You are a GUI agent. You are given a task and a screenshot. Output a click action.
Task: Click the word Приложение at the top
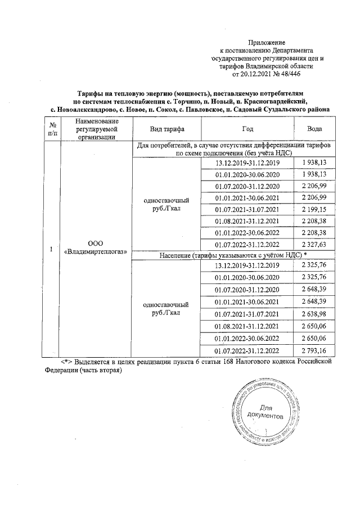click(267, 43)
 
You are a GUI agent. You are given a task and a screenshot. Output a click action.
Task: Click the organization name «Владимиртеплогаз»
click(95, 250)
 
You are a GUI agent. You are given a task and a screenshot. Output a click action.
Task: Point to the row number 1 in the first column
click(52, 247)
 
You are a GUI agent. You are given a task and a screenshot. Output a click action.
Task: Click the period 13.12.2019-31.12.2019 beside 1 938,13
click(247, 163)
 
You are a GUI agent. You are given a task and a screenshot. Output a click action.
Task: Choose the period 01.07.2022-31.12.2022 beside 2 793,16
click(247, 350)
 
